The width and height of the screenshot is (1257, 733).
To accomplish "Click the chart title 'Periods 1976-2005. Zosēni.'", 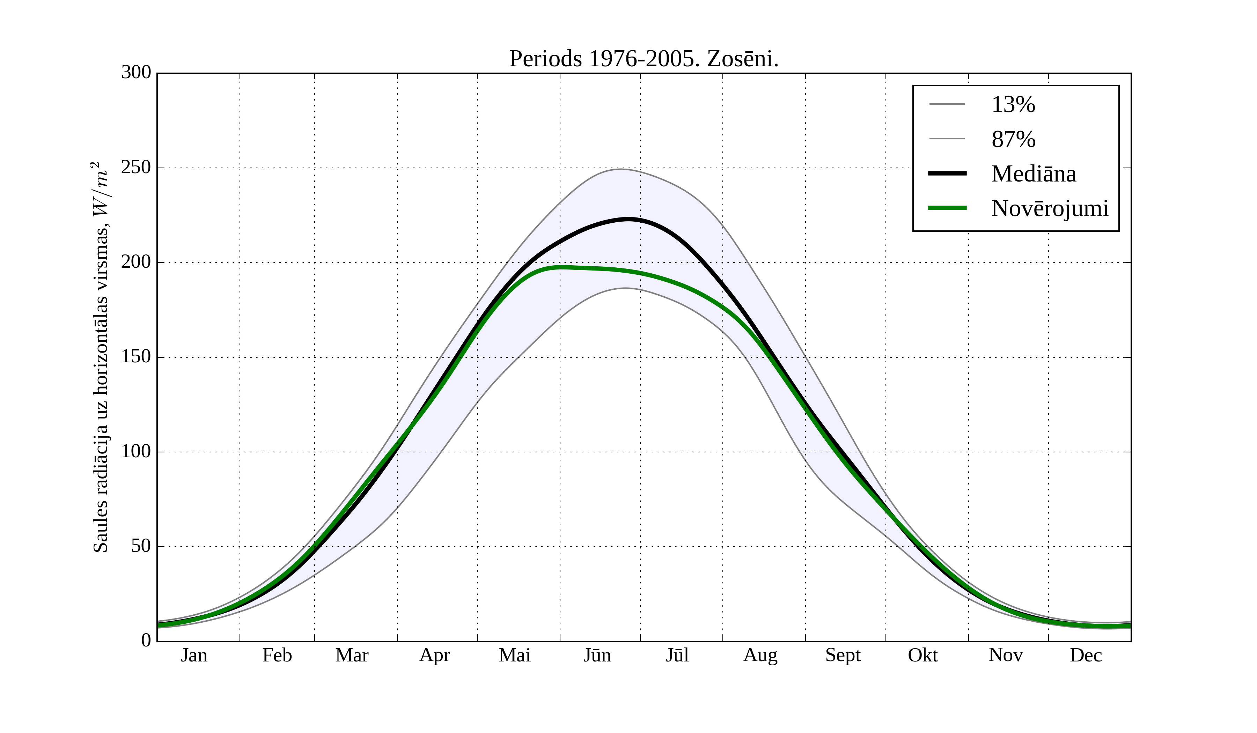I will pyautogui.click(x=644, y=59).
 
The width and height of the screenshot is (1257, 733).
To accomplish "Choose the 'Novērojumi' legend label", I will pyautogui.click(x=1050, y=208).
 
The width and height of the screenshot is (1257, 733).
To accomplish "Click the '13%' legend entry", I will pyautogui.click(x=1013, y=105).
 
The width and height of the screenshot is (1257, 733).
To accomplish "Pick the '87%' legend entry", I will pyautogui.click(x=1013, y=139).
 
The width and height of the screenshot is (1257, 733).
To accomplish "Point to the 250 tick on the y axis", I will pyautogui.click(x=136, y=168).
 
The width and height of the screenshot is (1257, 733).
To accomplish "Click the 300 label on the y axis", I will pyautogui.click(x=136, y=72).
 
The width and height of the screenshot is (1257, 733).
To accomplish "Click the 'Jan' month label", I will pyautogui.click(x=194, y=655).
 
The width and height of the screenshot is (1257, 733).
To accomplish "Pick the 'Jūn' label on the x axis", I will pyautogui.click(x=597, y=655).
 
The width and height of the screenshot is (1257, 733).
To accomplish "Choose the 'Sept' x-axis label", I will pyautogui.click(x=843, y=655).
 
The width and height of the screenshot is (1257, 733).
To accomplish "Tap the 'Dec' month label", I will pyautogui.click(x=1086, y=655).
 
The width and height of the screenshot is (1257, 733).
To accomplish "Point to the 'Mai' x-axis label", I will pyautogui.click(x=514, y=655).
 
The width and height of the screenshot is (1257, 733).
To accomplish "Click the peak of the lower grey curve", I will pyautogui.click(x=625, y=288).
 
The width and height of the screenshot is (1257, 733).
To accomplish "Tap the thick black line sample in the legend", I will pyautogui.click(x=947, y=173).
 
